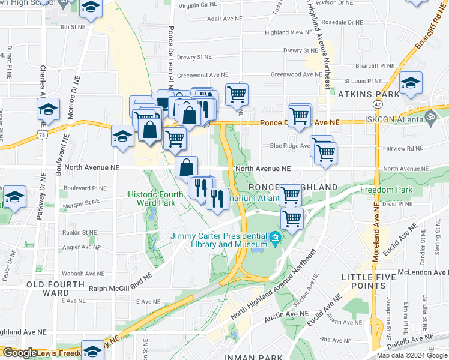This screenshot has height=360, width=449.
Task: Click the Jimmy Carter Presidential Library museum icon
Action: click(x=275, y=239)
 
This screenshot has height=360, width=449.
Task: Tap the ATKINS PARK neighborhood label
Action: click(x=369, y=94)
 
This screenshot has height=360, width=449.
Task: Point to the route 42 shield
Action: click(x=376, y=104)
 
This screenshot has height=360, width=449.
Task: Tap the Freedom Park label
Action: click(x=384, y=190)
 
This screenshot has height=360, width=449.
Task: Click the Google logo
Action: click(x=19, y=353)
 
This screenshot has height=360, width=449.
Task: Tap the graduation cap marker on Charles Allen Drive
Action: click(x=48, y=110)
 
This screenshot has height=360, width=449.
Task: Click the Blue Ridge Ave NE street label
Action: click(x=289, y=145)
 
